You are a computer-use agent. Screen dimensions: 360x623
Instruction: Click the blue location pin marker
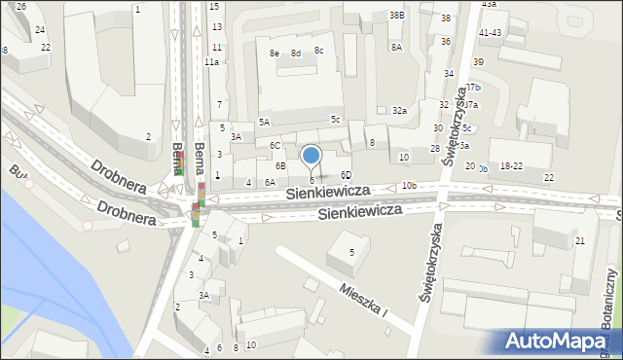pos(311,156)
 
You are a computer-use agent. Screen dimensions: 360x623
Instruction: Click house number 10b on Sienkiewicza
pos(408,185)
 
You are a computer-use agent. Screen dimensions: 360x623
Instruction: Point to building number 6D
pos(346,175)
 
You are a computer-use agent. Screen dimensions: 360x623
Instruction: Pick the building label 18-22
pos(511,166)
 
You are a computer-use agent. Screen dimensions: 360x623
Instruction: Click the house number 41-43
pos(490,32)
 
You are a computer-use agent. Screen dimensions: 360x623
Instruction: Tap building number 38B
pos(396,16)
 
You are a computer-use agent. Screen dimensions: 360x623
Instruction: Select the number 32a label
pos(399,111)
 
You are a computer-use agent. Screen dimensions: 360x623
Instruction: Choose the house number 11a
pos(211,61)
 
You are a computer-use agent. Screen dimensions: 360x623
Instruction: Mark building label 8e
pos(275,53)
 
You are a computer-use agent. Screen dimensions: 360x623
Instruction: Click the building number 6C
pos(275,145)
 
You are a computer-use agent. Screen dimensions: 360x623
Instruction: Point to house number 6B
pos(279,165)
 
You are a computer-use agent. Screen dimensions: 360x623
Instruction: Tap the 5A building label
pos(264,122)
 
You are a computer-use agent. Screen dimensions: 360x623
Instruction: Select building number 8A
pos(396,47)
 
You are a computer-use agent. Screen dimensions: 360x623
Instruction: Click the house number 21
pos(580,240)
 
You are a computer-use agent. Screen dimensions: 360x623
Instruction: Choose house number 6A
pos(270,182)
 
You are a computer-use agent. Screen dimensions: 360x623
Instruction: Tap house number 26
pos(21,6)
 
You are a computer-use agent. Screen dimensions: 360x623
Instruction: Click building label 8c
pos(318,50)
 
